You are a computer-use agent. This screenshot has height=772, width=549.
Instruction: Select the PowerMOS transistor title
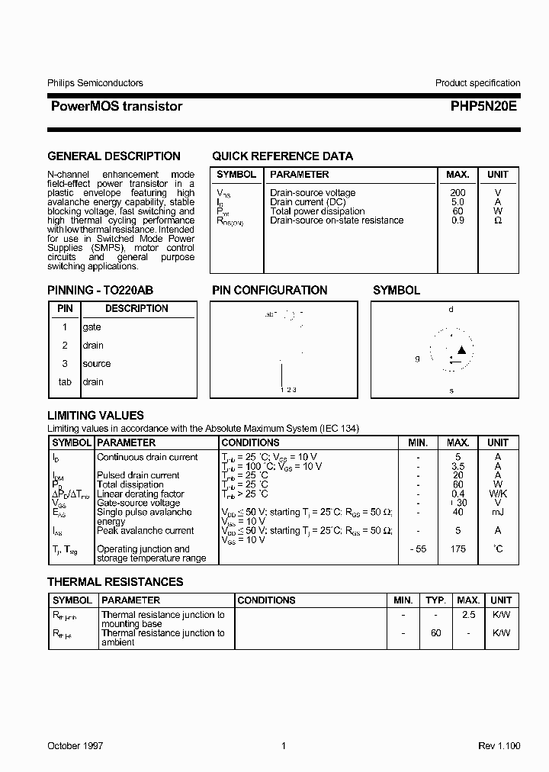[x=116, y=107]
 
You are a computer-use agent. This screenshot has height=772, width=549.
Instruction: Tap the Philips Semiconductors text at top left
[x=95, y=83]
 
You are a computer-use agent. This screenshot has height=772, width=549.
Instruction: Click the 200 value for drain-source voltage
[x=457, y=193]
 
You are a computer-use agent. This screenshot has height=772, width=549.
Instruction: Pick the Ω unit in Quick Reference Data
[x=498, y=220]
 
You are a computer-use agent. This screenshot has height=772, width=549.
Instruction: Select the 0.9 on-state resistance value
[x=457, y=220]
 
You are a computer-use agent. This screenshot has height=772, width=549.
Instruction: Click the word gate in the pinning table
[x=91, y=327]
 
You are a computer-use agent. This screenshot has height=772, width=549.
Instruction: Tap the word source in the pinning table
[x=97, y=364]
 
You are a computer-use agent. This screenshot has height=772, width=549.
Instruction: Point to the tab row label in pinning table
[x=65, y=382]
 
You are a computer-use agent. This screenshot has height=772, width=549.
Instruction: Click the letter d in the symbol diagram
[x=451, y=310]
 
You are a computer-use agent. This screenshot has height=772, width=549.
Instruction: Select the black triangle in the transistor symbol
[x=461, y=350]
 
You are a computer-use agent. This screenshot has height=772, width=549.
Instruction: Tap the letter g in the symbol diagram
[x=417, y=358]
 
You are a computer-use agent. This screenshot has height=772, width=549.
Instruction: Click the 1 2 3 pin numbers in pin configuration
[x=288, y=390]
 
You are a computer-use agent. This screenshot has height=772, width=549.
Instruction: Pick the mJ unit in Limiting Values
[x=498, y=513]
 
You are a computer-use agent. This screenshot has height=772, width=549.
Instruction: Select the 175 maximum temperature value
[x=457, y=549]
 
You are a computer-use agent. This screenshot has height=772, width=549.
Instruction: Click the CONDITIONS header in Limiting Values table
[x=250, y=442]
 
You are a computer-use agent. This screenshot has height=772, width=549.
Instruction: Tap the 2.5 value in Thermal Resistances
[x=468, y=615]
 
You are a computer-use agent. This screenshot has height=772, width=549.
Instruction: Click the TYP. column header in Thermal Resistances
[x=435, y=600]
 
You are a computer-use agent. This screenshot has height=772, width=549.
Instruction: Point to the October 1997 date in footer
[x=75, y=746]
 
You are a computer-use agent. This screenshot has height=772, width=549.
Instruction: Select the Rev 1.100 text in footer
[x=499, y=746]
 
